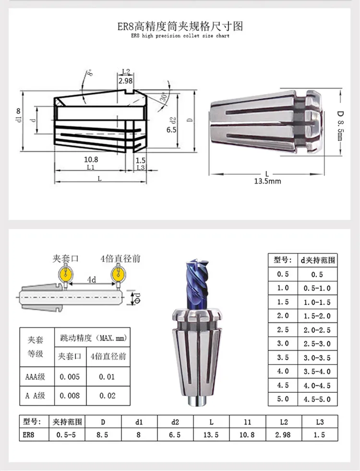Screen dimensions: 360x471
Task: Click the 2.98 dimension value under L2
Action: coord(125,81)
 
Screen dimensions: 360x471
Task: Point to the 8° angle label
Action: coord(90,73)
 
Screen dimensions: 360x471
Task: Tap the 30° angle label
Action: coord(163,97)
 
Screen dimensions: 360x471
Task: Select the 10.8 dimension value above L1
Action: coord(91,160)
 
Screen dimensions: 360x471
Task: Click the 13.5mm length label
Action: coord(267,181)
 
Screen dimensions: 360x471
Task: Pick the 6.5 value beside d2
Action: coord(171,130)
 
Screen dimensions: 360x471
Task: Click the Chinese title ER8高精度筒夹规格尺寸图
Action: coord(180,26)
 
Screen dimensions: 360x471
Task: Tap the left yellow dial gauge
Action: coord(66,274)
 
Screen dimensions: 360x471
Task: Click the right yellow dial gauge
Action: coord(119,274)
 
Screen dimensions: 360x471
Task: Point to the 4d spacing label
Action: coord(92,280)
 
